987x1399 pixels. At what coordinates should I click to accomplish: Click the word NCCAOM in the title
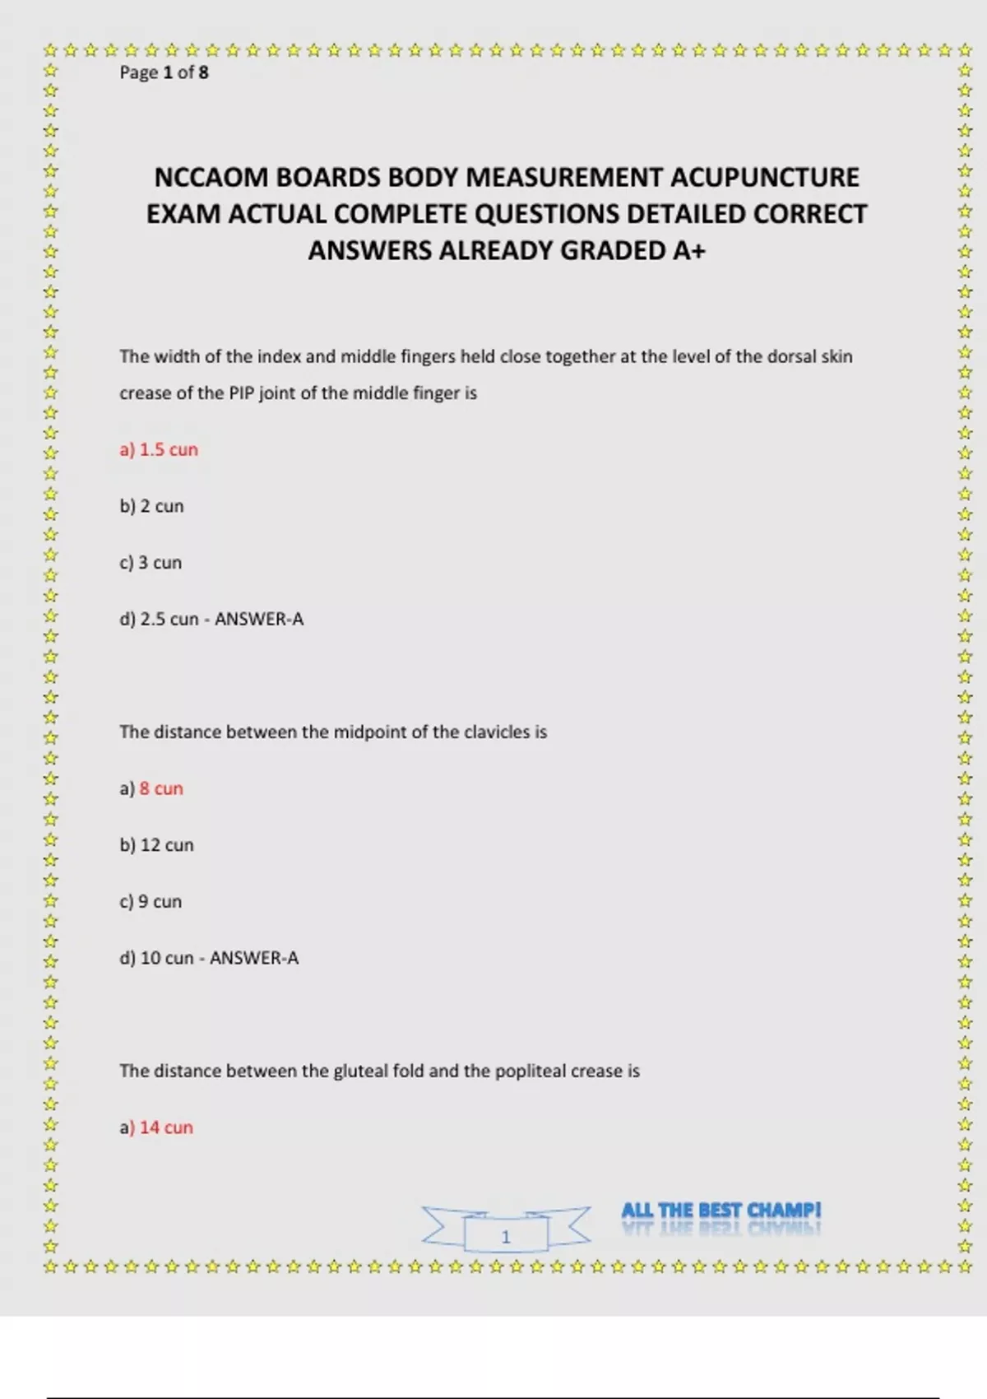click(x=211, y=178)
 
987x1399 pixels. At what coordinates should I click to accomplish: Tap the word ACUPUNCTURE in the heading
click(x=765, y=178)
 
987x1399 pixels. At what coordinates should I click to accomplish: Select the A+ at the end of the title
click(x=688, y=250)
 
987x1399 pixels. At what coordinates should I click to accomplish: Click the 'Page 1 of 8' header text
click(x=164, y=72)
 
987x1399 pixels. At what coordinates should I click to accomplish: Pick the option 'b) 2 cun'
click(x=151, y=506)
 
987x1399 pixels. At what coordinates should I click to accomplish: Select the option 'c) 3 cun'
click(x=151, y=563)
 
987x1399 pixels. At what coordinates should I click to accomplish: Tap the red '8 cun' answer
click(x=161, y=788)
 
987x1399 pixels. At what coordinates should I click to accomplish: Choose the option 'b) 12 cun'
click(x=156, y=845)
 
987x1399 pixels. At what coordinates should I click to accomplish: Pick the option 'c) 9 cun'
click(x=151, y=902)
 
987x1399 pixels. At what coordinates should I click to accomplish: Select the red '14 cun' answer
click(x=166, y=1127)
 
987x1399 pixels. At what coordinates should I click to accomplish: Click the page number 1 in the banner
click(x=506, y=1237)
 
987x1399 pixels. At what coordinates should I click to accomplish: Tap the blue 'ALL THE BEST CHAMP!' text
click(x=721, y=1211)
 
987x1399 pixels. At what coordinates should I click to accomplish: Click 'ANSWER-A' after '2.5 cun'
click(x=259, y=619)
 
